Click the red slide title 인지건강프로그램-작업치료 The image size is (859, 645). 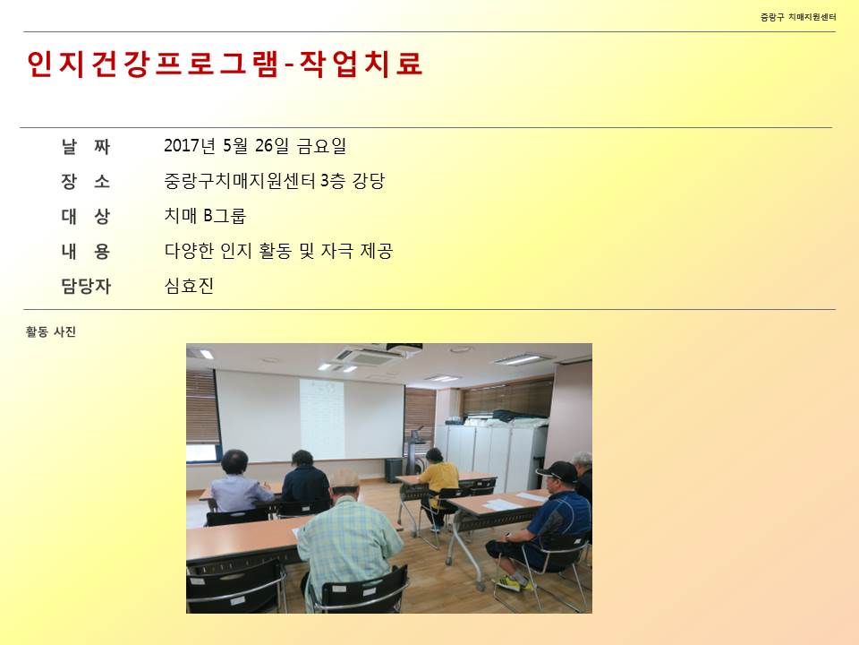225,64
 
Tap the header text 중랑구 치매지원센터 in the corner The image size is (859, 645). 797,17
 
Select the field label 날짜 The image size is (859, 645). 86,146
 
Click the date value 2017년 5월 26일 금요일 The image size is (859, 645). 255,145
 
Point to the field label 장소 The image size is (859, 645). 86,181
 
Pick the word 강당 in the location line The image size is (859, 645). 369,180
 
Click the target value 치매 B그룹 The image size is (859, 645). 205,216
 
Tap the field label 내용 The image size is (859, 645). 86,251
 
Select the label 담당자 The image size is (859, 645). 86,286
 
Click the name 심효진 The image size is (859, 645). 189,286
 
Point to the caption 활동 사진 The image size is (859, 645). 50,331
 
